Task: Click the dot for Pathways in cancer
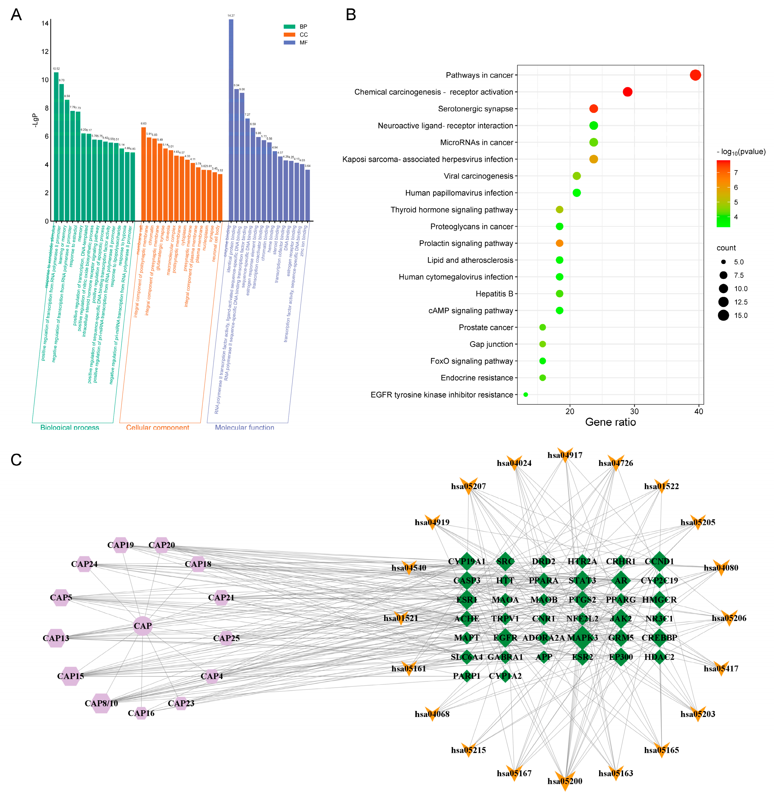click(695, 75)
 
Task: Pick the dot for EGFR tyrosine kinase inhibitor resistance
click(526, 395)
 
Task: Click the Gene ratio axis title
click(610, 422)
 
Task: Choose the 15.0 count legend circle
click(723, 315)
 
